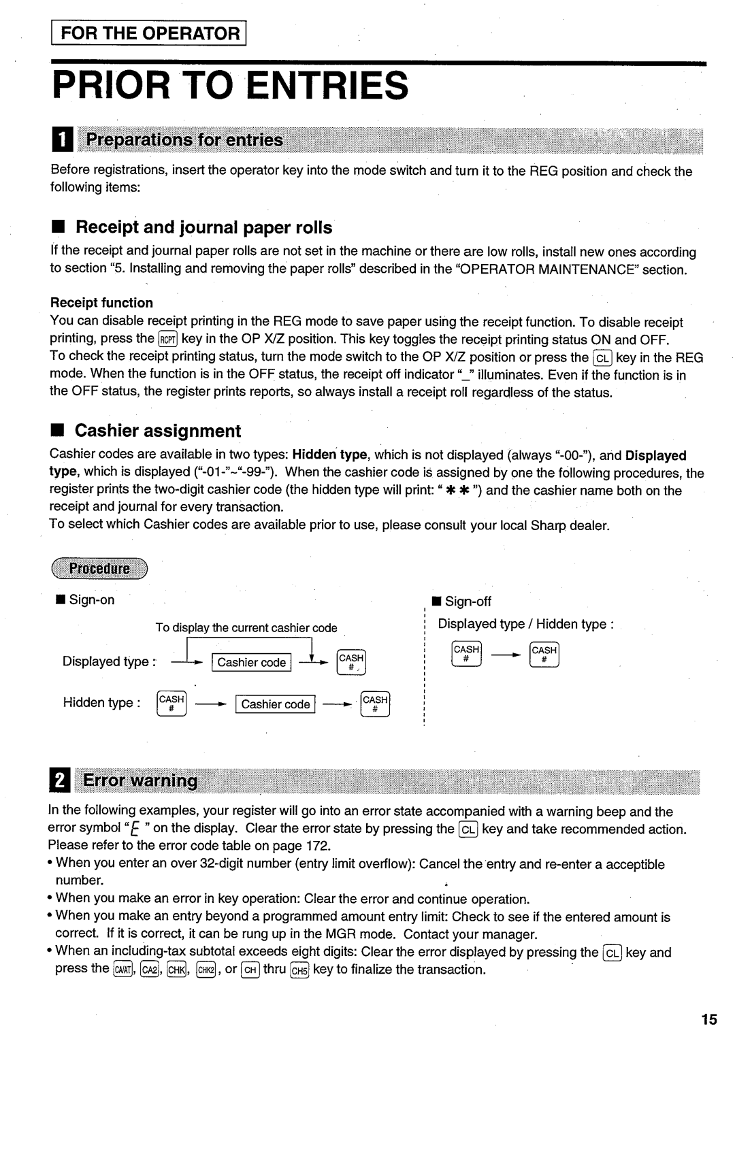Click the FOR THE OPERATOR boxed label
[x=150, y=33]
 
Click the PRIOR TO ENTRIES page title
[x=231, y=86]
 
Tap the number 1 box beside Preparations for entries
[x=61, y=141]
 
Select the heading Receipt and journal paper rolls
[x=203, y=227]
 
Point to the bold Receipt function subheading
[x=101, y=303]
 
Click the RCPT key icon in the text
[x=167, y=340]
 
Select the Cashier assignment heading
[x=157, y=431]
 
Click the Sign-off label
[x=468, y=601]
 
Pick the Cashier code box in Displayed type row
[x=252, y=663]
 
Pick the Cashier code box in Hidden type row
[x=276, y=704]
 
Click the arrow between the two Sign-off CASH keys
[x=506, y=655]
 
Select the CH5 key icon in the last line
[x=299, y=970]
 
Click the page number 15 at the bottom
[x=708, y=1019]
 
